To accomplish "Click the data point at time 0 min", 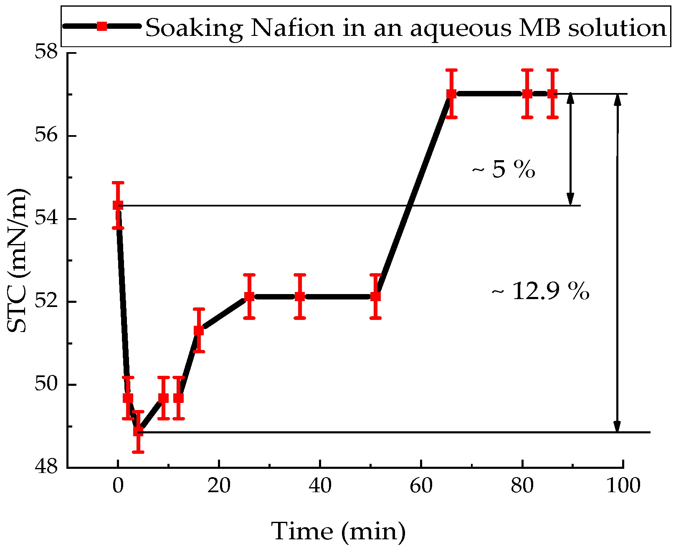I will click(118, 205).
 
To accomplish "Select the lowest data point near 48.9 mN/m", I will click(138, 431).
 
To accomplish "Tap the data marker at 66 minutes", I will click(451, 94).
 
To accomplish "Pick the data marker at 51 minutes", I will click(375, 297).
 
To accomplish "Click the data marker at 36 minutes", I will click(300, 297).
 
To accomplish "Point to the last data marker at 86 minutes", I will click(552, 94).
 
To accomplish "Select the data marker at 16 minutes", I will click(199, 331).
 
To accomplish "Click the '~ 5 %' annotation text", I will click(503, 169).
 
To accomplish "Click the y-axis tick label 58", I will click(47, 53).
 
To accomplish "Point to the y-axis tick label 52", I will click(47, 302).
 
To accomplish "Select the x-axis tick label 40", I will click(320, 486).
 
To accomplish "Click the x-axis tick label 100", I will click(623, 486).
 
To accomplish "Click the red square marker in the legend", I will click(101, 26).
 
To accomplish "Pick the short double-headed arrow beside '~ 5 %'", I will click(570, 149).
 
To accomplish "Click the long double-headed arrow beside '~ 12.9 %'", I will click(618, 263).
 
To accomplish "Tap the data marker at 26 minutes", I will click(249, 297).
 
